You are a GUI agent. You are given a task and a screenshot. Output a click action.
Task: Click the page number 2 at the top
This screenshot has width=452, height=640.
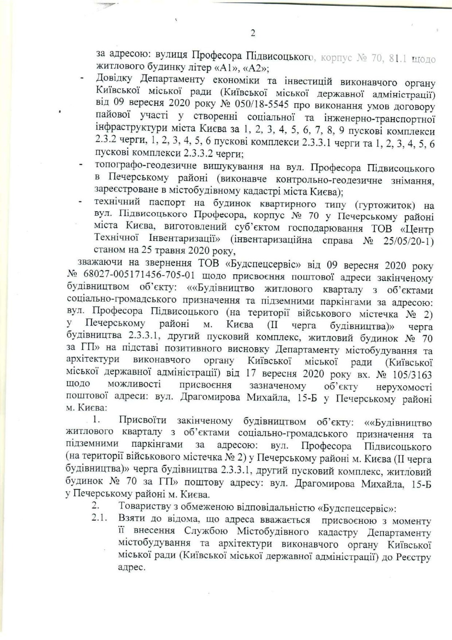click(252, 34)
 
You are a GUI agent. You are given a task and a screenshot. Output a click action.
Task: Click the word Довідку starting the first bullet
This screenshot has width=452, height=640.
click(114, 78)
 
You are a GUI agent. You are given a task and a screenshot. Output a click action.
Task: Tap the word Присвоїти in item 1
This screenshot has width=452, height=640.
click(142, 420)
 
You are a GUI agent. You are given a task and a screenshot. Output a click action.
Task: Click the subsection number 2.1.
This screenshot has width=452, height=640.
click(100, 519)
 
